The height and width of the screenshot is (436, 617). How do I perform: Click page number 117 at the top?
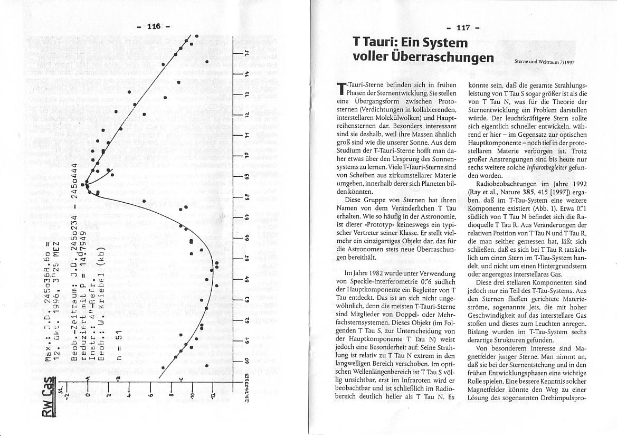click(x=461, y=28)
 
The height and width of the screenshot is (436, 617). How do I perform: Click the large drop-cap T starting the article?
click(x=341, y=90)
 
